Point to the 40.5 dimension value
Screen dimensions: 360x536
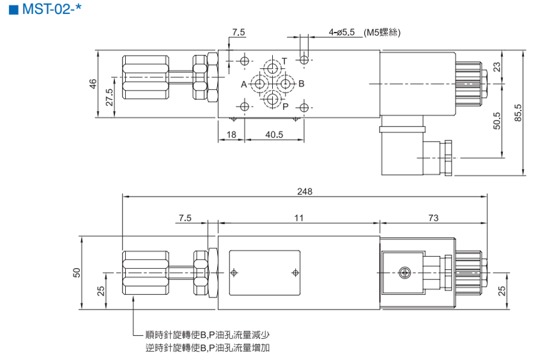(x=273, y=135)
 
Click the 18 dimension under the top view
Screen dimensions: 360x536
(x=231, y=135)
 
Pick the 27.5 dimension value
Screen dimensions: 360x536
(x=109, y=97)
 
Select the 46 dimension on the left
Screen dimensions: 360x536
(x=93, y=83)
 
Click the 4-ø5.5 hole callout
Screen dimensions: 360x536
(x=343, y=31)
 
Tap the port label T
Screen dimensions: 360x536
(x=284, y=61)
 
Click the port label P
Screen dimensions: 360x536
(x=286, y=107)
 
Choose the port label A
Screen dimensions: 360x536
(x=243, y=84)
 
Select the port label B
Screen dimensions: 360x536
(x=302, y=84)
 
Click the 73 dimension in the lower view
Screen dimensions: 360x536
(x=433, y=218)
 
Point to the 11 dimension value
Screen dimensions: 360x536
(x=298, y=218)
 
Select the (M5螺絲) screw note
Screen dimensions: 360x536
(x=385, y=31)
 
